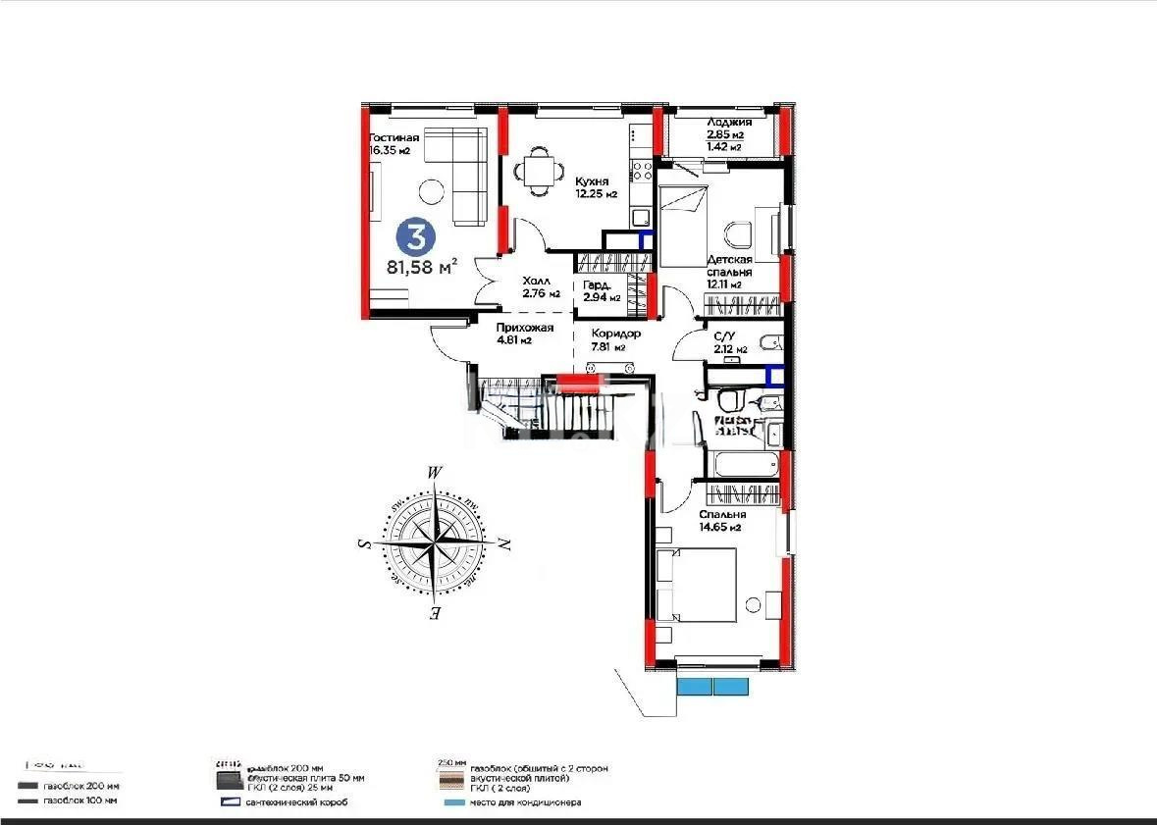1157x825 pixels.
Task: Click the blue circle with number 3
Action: point(416,236)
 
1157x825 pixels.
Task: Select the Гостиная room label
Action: point(394,138)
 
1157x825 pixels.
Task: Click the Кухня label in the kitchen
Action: point(592,181)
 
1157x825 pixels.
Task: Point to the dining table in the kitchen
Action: point(538,171)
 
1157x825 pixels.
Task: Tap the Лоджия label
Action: point(728,122)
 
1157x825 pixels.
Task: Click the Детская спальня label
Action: point(729,266)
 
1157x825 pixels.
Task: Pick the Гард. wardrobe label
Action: point(600,285)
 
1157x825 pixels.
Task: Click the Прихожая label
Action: point(525,328)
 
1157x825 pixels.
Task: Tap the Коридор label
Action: point(615,333)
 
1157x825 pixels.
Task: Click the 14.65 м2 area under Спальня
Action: point(720,528)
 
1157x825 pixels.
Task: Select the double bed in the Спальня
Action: point(697,585)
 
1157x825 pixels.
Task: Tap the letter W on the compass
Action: point(434,472)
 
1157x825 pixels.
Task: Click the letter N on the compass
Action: point(503,542)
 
